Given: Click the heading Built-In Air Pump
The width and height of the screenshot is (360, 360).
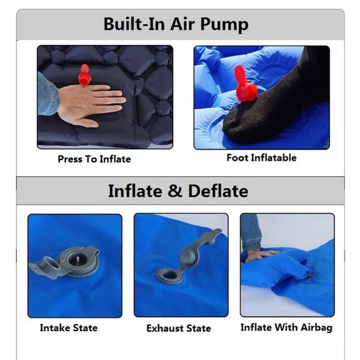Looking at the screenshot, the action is [x=176, y=24].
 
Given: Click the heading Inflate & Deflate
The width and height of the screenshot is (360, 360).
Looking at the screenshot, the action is [x=178, y=191].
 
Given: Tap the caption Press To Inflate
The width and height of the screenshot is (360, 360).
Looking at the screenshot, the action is [x=94, y=159].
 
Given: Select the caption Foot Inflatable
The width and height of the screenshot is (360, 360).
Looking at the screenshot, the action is [x=262, y=158].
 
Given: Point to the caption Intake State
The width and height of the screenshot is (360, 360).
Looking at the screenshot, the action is [x=68, y=328].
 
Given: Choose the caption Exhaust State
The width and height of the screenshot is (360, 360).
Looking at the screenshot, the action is [x=179, y=328].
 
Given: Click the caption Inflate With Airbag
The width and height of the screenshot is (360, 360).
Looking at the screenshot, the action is [x=286, y=328].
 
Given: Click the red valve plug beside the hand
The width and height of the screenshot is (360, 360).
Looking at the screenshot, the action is [x=85, y=75].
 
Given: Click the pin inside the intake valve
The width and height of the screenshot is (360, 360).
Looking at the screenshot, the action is [x=77, y=261].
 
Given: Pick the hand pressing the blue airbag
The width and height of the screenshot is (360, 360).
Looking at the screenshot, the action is [x=260, y=256].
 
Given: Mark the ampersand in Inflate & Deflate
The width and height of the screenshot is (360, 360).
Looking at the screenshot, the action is [x=175, y=191].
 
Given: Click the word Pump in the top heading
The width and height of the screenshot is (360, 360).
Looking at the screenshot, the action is [x=224, y=25].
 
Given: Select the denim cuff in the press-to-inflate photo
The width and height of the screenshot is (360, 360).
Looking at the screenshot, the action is [x=47, y=94].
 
